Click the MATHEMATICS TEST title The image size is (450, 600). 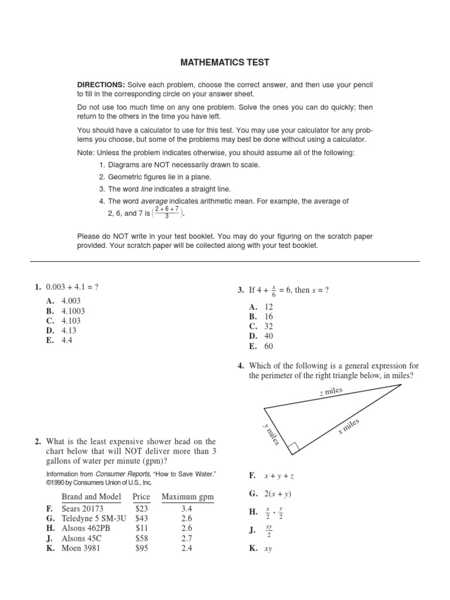coord(225,62)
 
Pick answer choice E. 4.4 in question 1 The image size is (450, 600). coord(59,340)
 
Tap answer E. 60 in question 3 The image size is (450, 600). coord(262,346)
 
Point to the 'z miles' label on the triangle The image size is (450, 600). coord(331,391)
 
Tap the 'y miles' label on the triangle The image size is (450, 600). coord(271,434)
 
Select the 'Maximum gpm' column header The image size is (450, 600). coord(187,497)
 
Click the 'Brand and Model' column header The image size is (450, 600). coord(91,497)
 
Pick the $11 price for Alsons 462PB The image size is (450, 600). coord(141,529)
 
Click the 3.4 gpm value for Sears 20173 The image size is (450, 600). coord(187,509)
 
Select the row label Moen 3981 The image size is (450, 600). coord(81,548)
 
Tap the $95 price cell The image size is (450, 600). coord(142,548)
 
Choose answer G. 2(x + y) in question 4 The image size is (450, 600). coord(271,493)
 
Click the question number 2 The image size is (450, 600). coord(37,441)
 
